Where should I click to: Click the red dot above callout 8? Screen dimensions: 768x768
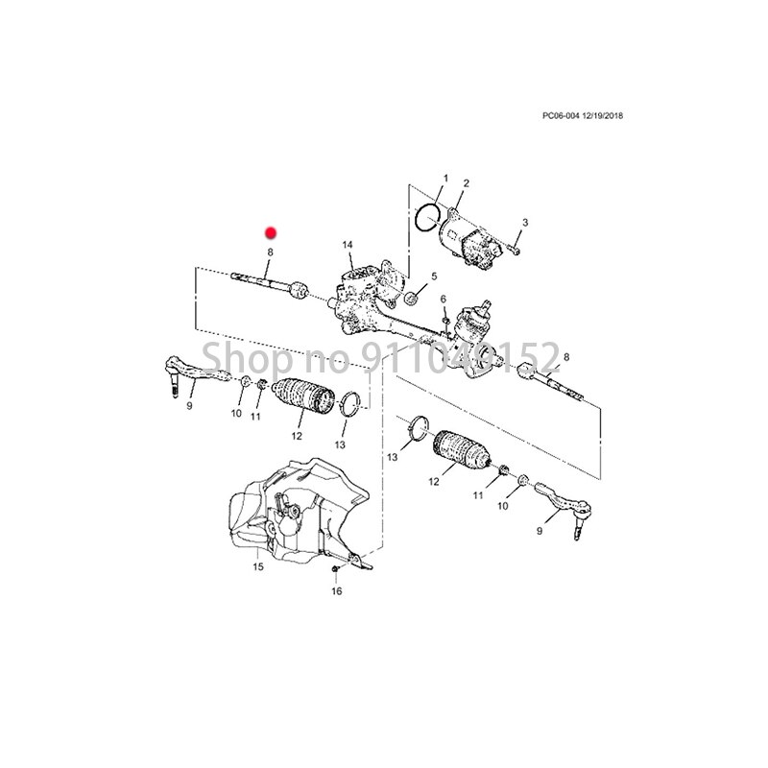[x=271, y=233]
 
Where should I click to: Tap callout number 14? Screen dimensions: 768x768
[x=348, y=245]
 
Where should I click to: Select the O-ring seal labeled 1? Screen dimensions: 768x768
[x=427, y=218]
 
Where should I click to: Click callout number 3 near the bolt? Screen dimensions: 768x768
[x=525, y=223]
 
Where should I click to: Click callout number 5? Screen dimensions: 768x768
[x=434, y=276]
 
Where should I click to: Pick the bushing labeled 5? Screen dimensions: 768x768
[x=412, y=298]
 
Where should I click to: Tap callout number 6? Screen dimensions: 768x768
[x=444, y=300]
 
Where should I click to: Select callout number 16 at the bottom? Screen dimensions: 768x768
[x=337, y=591]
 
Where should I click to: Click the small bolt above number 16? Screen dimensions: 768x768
[x=335, y=569]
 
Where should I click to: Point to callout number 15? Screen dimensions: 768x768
[x=258, y=566]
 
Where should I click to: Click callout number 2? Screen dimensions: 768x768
[x=466, y=183]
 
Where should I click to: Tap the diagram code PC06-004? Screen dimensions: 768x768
[x=561, y=116]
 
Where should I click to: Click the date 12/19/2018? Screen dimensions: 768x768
[x=603, y=116]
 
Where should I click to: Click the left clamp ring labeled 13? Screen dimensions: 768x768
[x=349, y=404]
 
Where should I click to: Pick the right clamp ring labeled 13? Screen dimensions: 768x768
[x=418, y=427]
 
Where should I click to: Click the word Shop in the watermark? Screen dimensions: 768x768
[x=248, y=358]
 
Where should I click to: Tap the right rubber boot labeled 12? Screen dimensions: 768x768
[x=462, y=449]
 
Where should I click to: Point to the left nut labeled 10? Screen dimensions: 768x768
[x=247, y=380]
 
